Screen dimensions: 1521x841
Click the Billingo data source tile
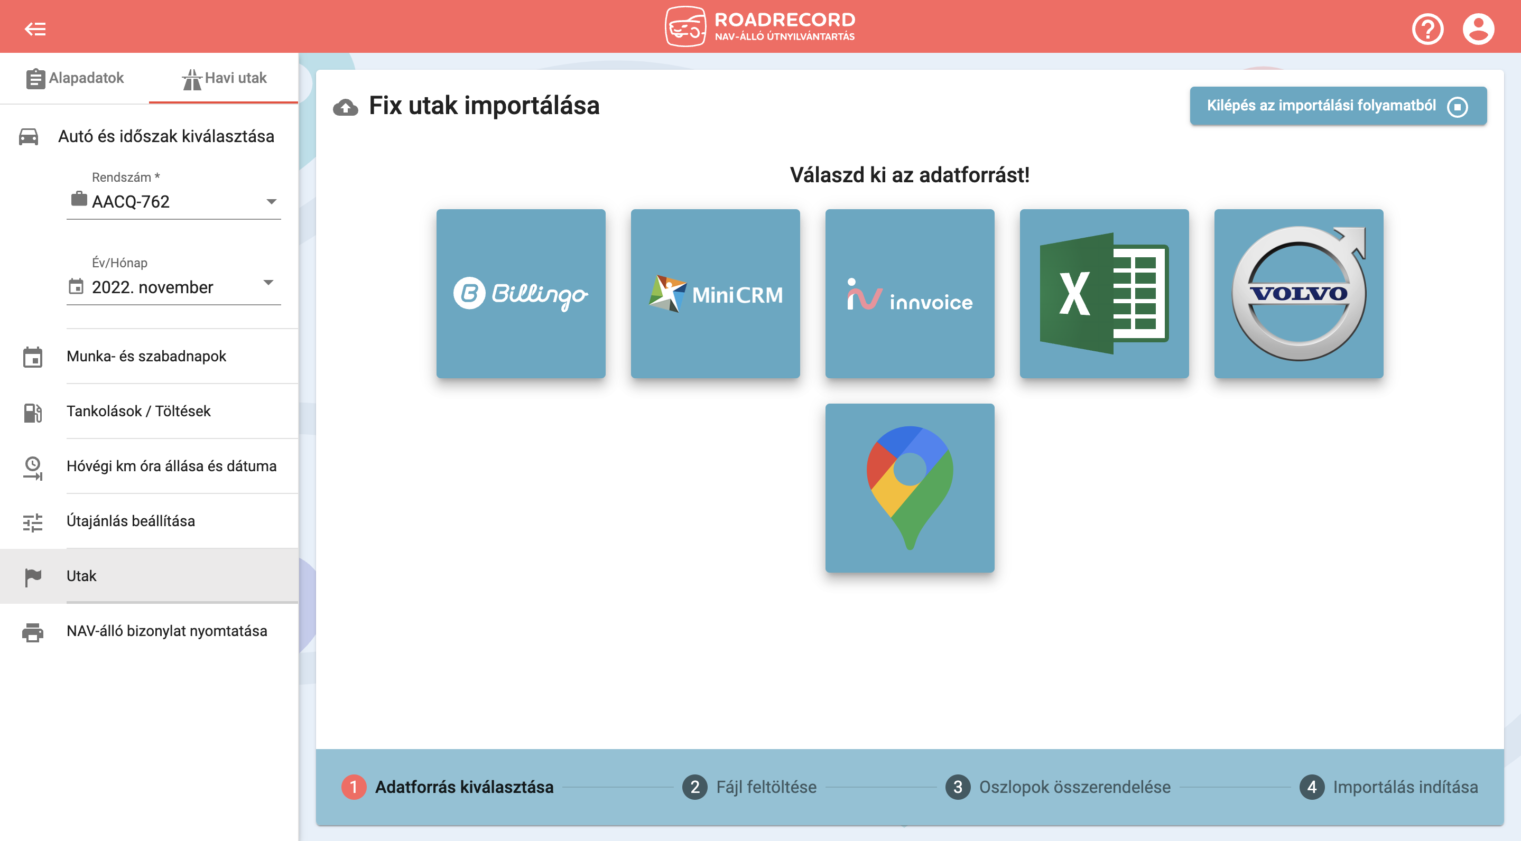tap(521, 293)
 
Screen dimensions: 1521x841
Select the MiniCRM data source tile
tap(715, 293)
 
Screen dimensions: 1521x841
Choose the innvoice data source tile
tap(910, 293)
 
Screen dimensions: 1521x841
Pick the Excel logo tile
tap(1104, 293)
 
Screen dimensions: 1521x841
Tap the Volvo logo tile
tap(1299, 293)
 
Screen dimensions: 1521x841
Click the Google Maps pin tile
tap(910, 488)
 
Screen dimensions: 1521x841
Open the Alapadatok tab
tap(75, 78)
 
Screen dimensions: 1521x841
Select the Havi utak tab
tap(224, 78)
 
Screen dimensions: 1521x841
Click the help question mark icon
tap(1427, 29)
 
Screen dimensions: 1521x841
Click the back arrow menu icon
tap(35, 29)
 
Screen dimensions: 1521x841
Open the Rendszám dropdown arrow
tap(271, 202)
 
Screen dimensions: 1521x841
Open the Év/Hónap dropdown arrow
tap(268, 282)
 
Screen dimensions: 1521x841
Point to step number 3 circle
tap(958, 787)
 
